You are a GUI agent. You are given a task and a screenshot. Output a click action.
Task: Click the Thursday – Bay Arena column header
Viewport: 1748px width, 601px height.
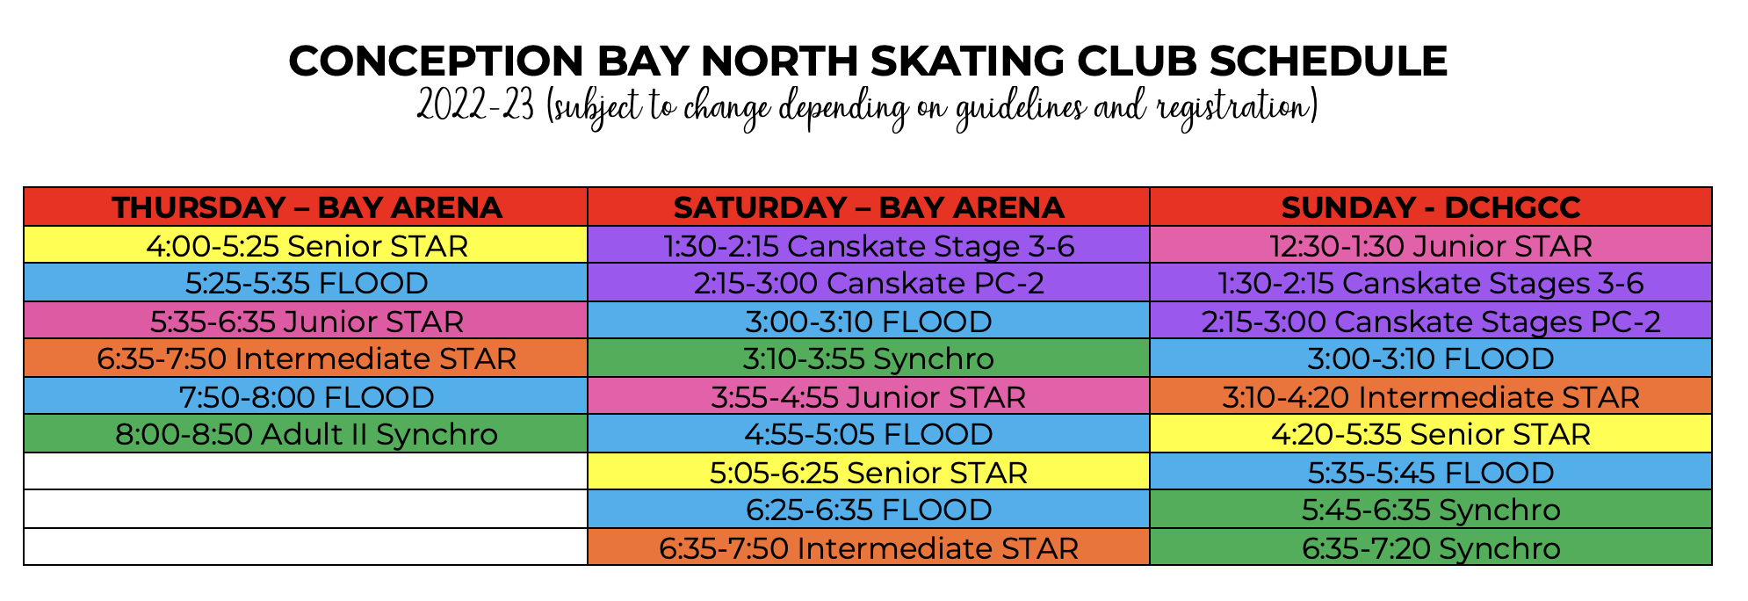306,207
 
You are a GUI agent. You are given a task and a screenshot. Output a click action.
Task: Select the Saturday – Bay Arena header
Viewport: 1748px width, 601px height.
868,207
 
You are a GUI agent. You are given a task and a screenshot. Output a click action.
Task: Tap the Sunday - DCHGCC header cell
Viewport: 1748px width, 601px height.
1430,207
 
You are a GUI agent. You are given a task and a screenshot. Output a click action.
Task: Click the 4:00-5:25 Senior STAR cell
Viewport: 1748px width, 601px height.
306,245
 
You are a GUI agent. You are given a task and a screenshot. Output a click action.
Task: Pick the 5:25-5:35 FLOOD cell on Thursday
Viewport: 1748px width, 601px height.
306,283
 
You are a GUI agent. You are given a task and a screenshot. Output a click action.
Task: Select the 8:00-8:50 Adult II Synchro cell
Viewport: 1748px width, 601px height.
306,434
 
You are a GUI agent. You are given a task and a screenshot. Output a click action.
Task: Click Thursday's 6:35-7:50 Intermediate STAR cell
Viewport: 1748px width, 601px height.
306,358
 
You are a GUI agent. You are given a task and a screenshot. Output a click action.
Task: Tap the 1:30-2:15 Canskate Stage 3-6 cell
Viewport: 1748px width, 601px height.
868,245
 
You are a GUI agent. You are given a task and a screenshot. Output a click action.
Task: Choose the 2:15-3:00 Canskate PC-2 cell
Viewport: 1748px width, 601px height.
868,283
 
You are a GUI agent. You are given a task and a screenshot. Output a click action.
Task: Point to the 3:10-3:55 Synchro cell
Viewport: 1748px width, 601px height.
868,358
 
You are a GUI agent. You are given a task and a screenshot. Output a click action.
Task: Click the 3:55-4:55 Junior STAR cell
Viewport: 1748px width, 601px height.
868,396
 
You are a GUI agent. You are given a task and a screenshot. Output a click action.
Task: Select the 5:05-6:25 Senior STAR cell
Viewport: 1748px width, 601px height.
868,472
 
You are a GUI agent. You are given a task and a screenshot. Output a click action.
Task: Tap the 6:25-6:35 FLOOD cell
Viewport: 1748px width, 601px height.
868,510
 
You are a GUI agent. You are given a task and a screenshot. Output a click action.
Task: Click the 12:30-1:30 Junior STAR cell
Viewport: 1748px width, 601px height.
1430,245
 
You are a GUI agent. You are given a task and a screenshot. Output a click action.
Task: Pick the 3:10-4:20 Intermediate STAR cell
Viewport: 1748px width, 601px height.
1430,396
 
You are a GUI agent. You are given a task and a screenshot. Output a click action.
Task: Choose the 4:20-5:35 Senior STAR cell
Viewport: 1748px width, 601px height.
1430,434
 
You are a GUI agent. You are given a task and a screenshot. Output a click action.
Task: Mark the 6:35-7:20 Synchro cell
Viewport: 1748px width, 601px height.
1430,547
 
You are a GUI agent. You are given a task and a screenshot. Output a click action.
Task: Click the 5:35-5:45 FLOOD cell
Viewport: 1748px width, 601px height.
1430,472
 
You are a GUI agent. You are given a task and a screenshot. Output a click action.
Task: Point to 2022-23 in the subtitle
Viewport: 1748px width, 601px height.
475,108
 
